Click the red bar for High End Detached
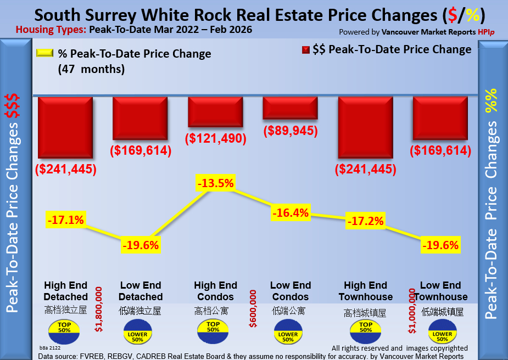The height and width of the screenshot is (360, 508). click(65, 128)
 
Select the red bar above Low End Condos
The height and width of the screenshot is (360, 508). click(290, 108)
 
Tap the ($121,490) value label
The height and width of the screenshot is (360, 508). click(215, 139)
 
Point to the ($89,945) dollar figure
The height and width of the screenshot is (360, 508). click(291, 131)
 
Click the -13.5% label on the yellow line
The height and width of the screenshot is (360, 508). click(215, 183)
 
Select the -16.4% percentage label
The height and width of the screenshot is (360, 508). click(291, 212)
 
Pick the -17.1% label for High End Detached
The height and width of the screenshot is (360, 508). click(65, 220)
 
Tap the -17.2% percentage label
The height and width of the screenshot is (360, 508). click(365, 222)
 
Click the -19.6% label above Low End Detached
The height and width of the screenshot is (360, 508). click(141, 245)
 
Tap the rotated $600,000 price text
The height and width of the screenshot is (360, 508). click(253, 310)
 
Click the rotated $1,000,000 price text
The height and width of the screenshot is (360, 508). click(411, 312)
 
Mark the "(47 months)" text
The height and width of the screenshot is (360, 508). click(91, 70)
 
